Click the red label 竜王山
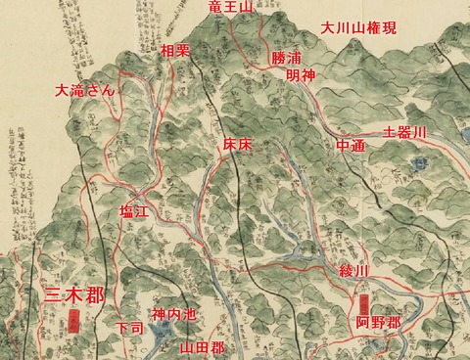coord(231,8)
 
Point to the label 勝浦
coord(286,59)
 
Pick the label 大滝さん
coord(86,90)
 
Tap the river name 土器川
coord(405,132)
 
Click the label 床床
coord(238,145)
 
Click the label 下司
coord(129,328)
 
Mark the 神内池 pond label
coord(173,315)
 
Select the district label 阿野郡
coord(377,322)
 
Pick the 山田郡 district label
coord(203,347)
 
